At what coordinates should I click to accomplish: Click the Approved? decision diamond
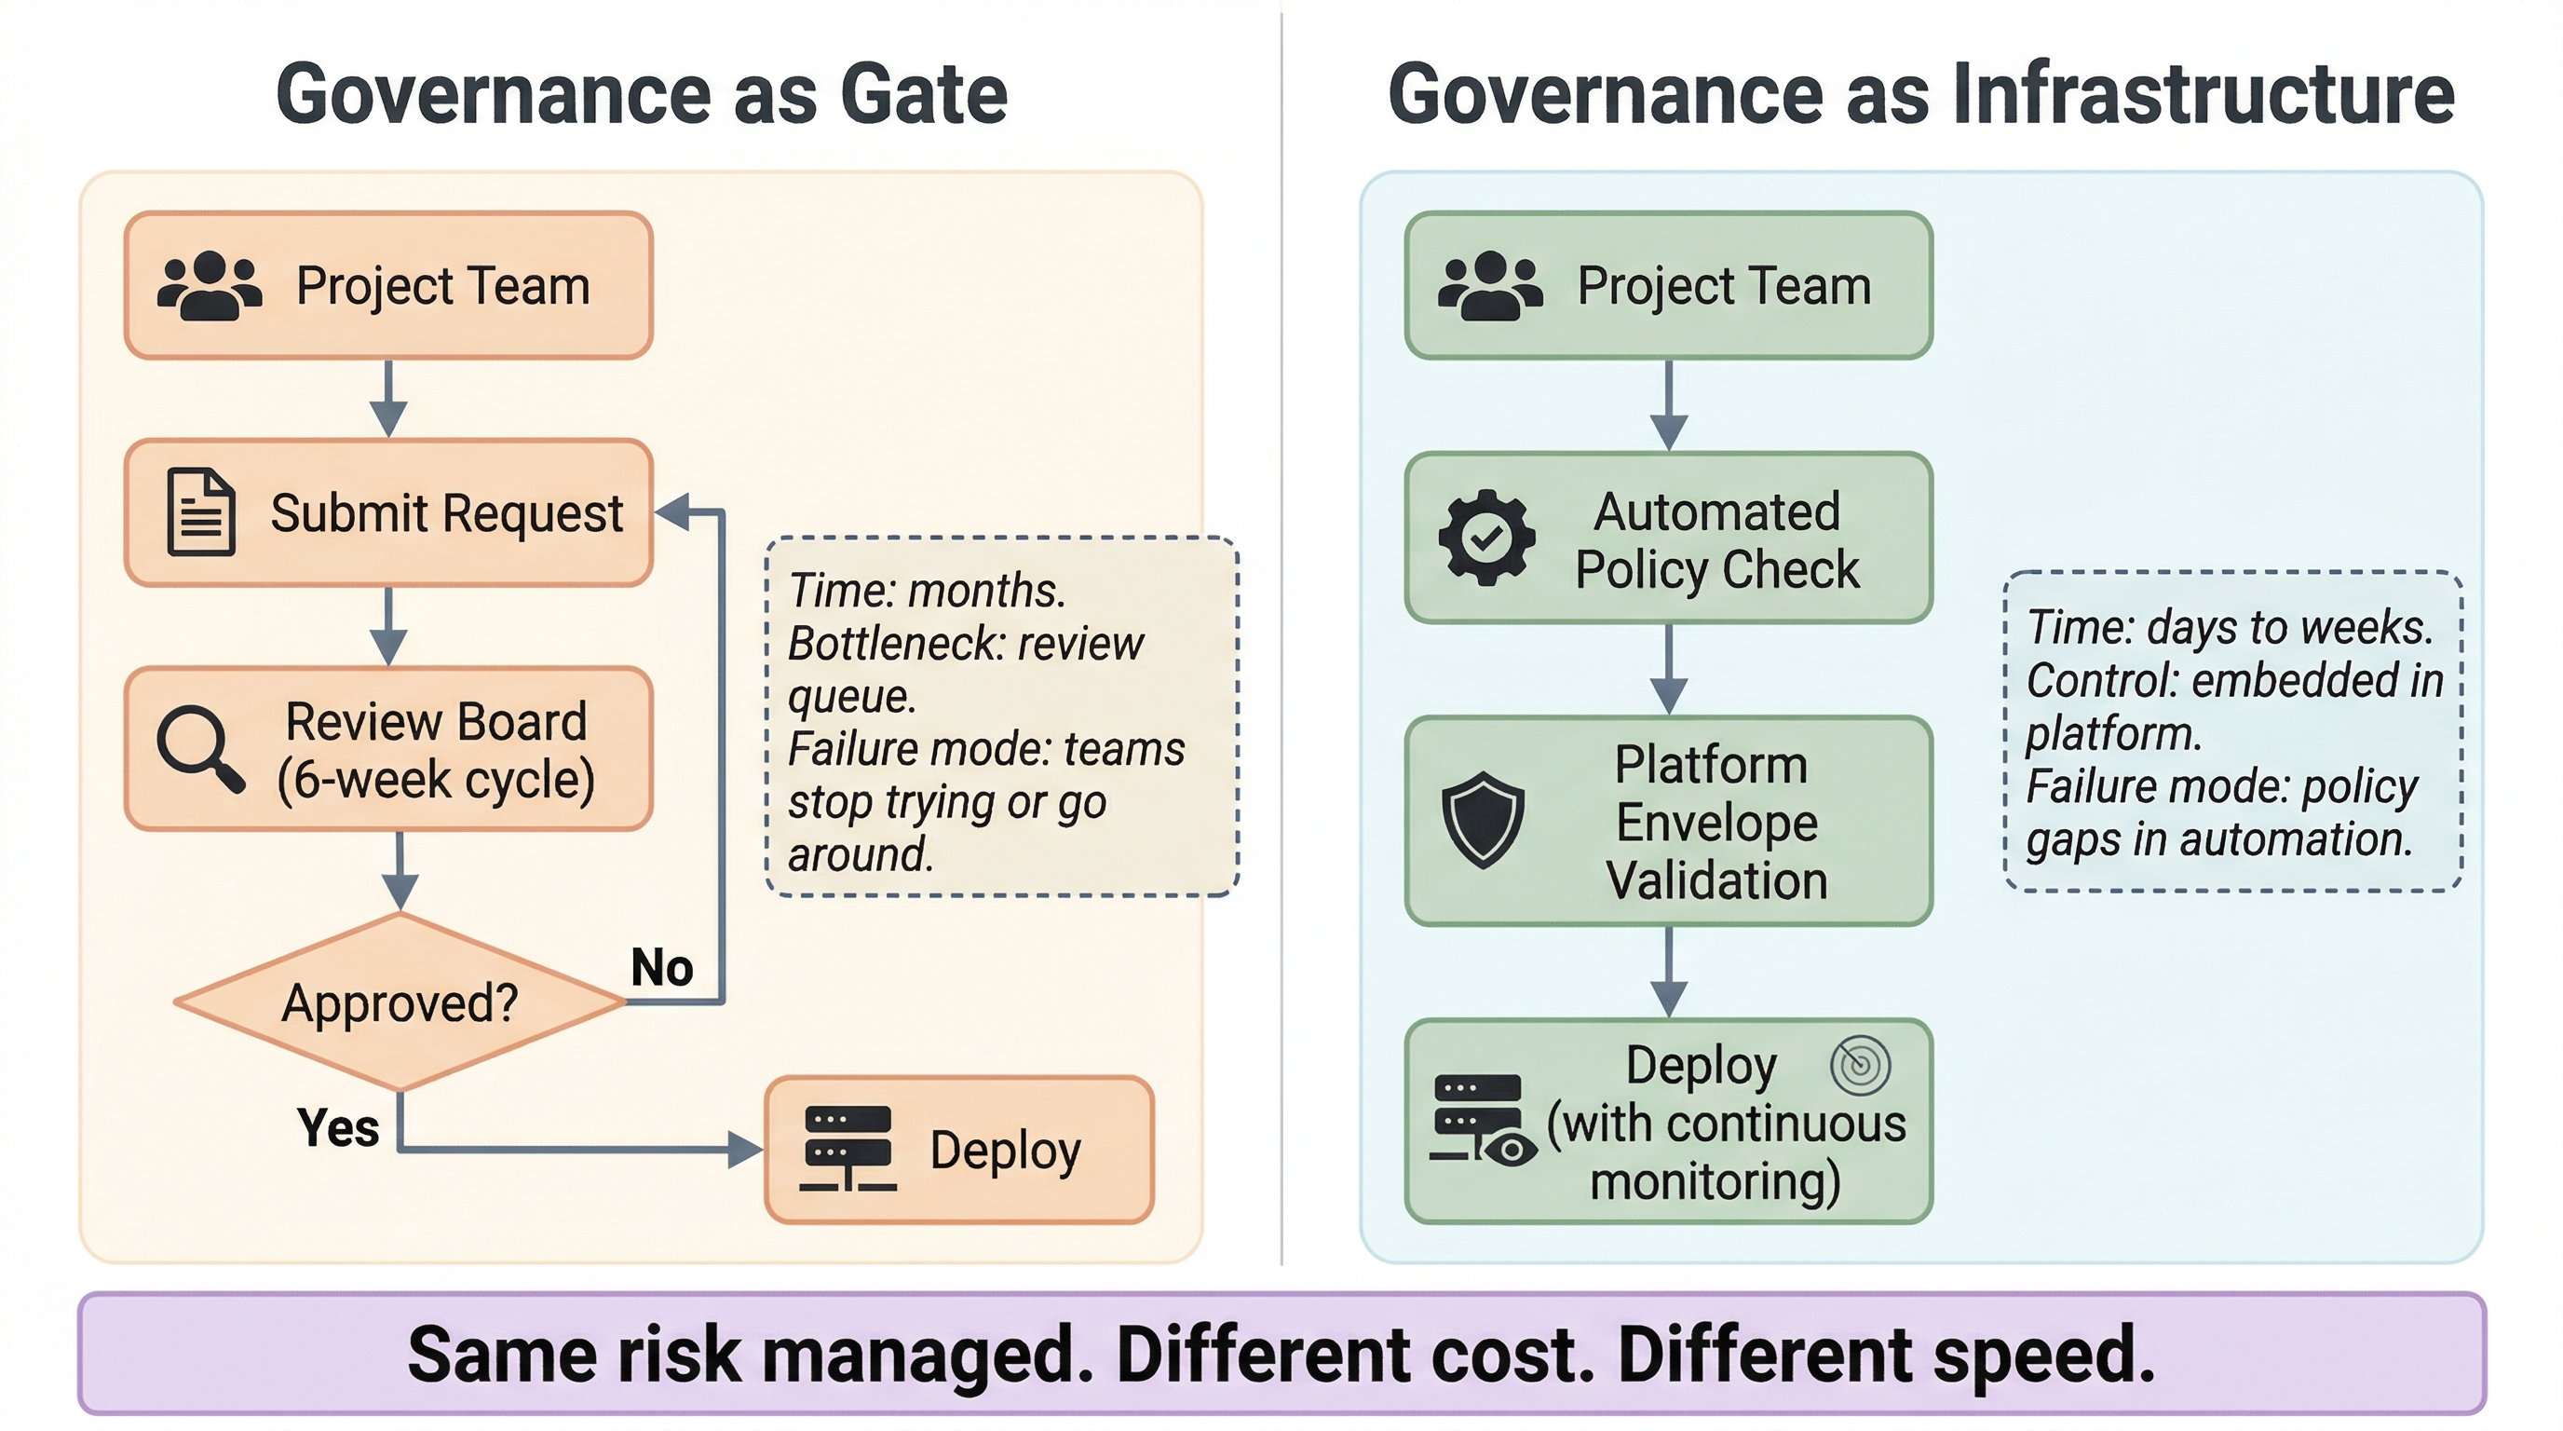click(400, 1002)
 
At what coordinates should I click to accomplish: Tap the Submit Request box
click(389, 512)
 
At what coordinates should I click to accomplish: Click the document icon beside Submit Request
click(201, 511)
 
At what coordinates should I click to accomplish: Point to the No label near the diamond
click(661, 967)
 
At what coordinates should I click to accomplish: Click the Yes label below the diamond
click(338, 1127)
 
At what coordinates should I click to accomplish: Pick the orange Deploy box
click(959, 1150)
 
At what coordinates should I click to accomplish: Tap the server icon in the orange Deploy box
click(848, 1149)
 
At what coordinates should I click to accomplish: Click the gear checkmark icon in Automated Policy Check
click(1486, 538)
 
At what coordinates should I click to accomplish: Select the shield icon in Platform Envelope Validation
click(1483, 820)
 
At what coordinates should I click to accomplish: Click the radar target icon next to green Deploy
click(1860, 1065)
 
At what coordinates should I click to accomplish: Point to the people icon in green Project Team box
click(1489, 286)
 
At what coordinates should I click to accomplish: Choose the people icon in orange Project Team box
click(209, 286)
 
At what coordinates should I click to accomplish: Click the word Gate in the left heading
click(923, 93)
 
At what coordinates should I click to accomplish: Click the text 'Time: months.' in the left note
click(927, 590)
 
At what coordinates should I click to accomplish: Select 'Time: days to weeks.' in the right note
click(2230, 627)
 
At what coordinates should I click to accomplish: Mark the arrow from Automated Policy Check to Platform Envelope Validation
click(1669, 669)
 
